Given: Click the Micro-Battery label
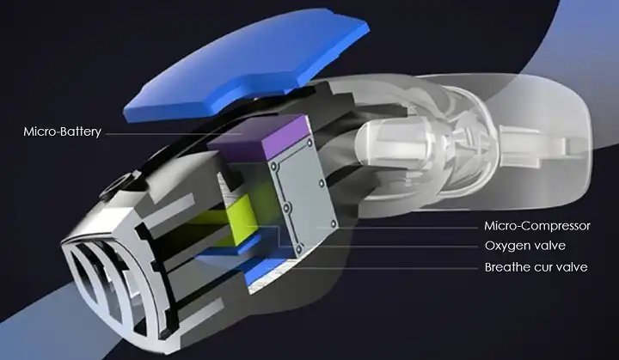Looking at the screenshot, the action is point(63,131).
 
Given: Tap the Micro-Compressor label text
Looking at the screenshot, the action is point(536,226).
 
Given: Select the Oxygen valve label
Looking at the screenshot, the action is point(525,246).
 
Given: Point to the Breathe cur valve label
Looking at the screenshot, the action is point(536,267).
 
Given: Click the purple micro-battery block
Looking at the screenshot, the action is point(259,138).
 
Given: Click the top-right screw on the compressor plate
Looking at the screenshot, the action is point(309,142).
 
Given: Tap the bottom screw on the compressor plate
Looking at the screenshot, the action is point(299,248).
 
